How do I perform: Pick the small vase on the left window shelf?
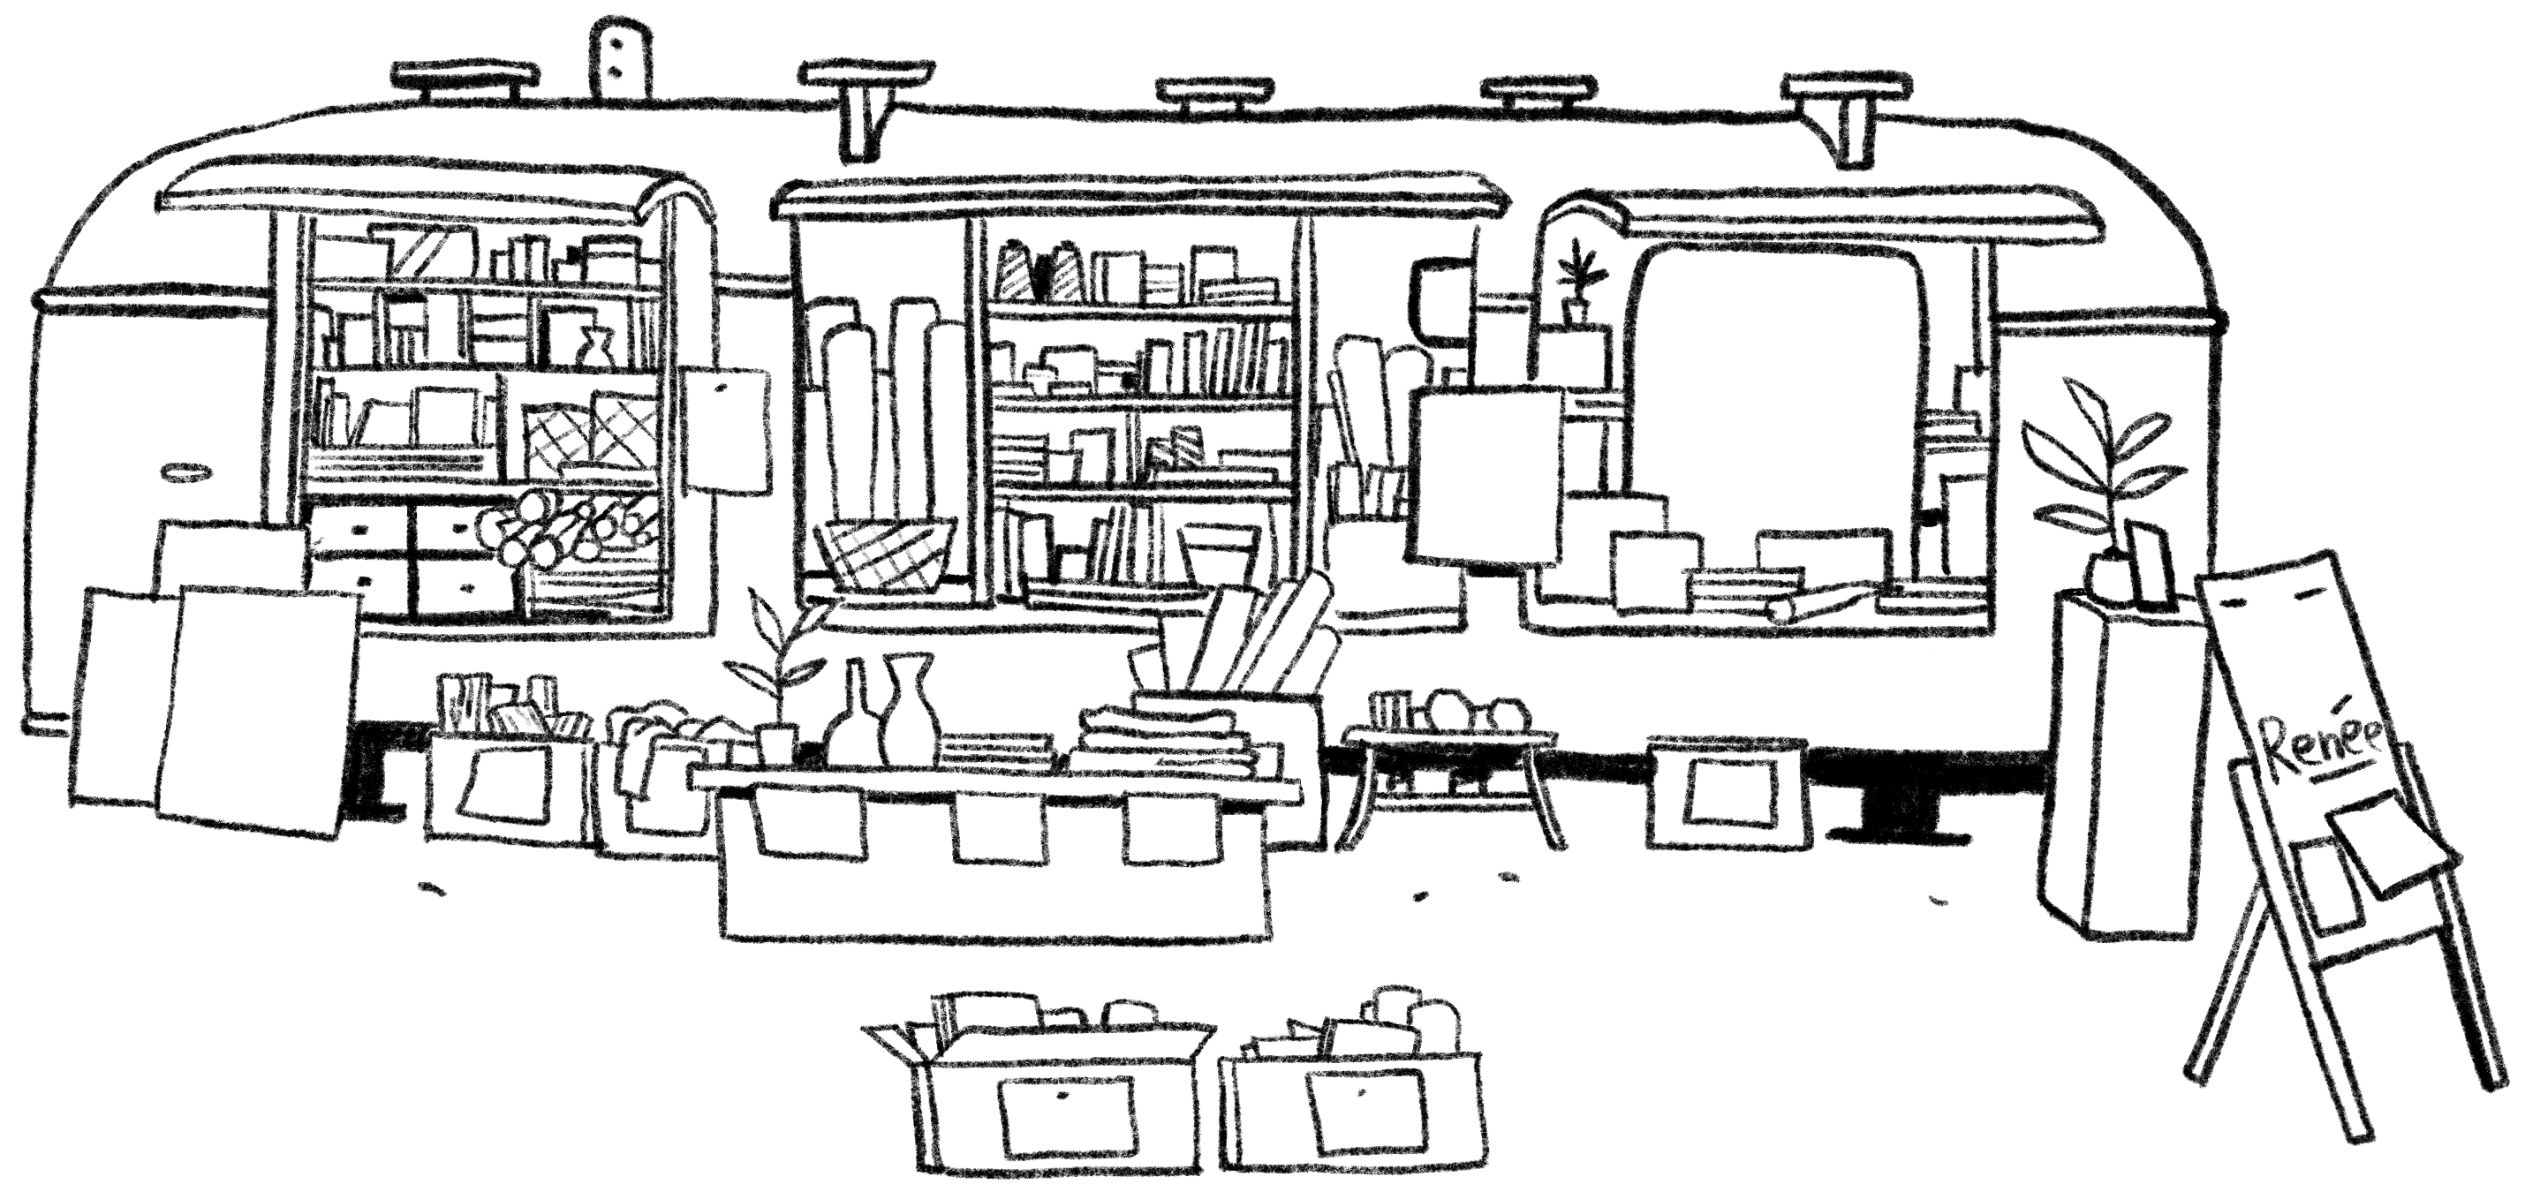tap(594, 348)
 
